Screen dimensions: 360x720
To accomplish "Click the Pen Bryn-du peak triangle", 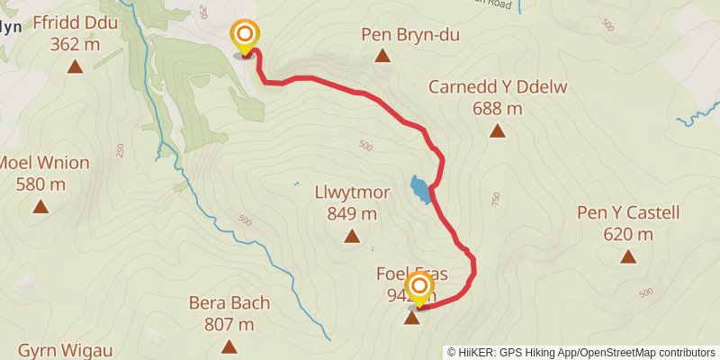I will coord(382,56).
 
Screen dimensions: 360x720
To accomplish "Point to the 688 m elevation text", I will coord(497,108).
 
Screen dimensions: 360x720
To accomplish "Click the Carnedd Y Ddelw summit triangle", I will coord(497,131).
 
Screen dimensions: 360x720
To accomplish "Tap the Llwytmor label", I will coord(352,192).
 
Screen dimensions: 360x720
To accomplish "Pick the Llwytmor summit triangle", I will coord(352,237).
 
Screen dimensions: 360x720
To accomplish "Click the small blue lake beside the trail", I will coord(419,188).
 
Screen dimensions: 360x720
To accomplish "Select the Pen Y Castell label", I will coord(628,213).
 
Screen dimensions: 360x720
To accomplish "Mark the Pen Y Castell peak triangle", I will coord(628,257).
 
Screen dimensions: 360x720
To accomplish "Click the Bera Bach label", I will coord(229,303).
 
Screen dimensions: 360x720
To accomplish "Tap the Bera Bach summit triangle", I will coord(229,346).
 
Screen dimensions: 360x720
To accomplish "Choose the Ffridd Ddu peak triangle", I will coord(76,67).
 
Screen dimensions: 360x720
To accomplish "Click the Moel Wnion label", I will coord(43,163).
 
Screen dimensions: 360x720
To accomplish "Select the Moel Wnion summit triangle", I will coord(40,207).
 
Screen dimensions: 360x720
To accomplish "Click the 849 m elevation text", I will coord(352,213).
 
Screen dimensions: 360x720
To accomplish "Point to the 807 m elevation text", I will coord(229,324).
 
